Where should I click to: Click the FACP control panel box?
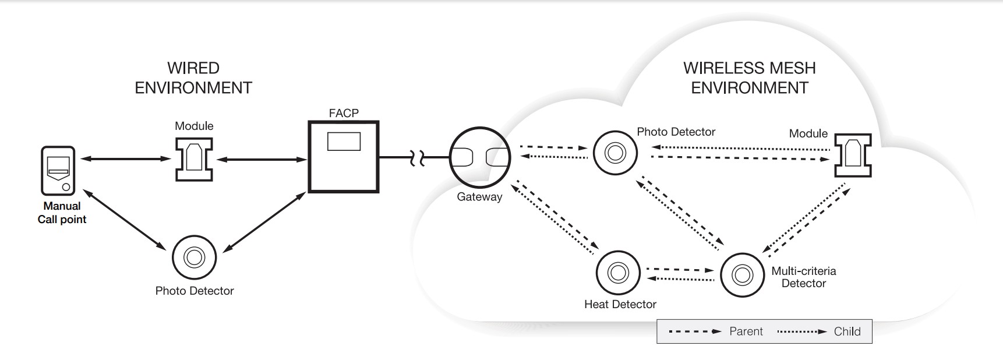click(344, 169)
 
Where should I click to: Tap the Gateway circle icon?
click(479, 157)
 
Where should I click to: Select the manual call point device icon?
click(58, 171)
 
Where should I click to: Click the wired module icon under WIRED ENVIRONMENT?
click(194, 159)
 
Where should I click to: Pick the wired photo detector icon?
click(194, 257)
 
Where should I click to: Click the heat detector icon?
click(617, 273)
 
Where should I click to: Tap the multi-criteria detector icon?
click(742, 274)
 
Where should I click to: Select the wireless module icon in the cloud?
click(853, 155)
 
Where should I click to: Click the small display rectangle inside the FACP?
click(344, 142)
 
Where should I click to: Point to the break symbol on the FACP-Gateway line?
click(418, 158)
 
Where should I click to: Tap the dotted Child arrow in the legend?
click(801, 331)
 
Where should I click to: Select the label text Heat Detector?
click(620, 304)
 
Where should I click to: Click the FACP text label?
click(344, 113)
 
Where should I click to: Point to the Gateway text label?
click(479, 197)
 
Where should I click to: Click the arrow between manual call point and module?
click(126, 158)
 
